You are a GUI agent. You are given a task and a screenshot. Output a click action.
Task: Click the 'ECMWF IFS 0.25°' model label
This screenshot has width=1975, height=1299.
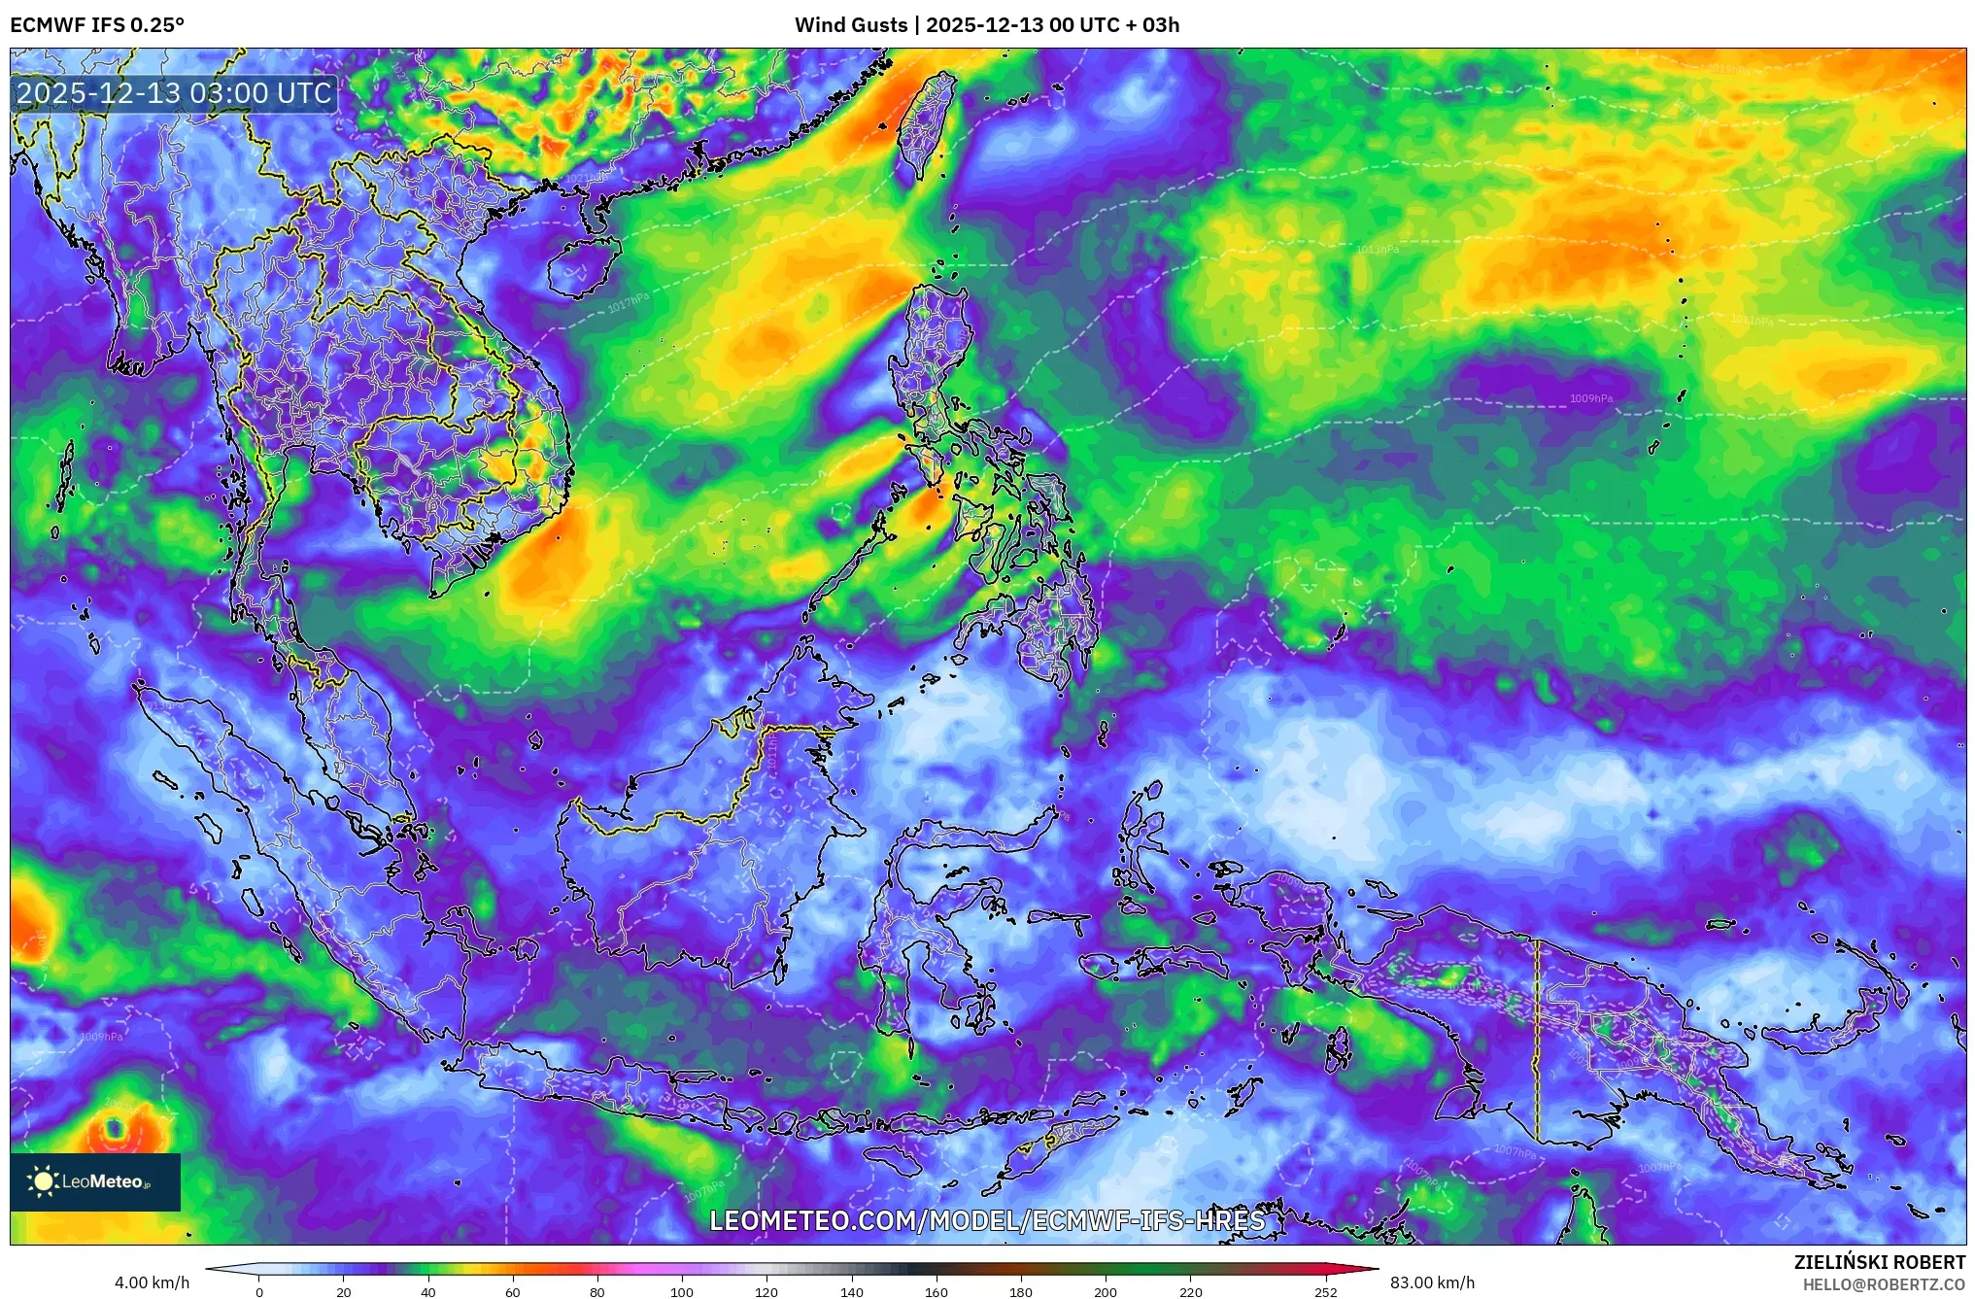point(97,25)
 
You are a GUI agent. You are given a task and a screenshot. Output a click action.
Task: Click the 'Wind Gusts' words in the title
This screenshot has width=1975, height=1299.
point(851,25)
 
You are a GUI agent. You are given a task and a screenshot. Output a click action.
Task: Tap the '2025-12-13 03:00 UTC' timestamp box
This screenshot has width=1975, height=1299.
point(175,94)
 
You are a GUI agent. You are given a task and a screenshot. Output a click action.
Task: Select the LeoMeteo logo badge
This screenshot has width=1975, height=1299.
point(95,1181)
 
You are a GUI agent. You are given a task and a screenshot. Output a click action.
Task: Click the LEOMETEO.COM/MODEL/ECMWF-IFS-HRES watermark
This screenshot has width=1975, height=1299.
point(987,1221)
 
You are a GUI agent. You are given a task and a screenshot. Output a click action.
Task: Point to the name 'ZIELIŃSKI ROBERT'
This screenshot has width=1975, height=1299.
point(1879,1262)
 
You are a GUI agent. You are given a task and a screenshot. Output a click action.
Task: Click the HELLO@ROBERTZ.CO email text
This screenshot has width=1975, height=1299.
point(1884,1284)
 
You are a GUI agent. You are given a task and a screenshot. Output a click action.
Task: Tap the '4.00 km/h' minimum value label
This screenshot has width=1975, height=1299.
point(152,1282)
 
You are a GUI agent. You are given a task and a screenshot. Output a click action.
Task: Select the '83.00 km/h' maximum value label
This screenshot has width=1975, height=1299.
point(1432,1282)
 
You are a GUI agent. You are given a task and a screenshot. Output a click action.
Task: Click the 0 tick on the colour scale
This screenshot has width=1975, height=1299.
point(259,1291)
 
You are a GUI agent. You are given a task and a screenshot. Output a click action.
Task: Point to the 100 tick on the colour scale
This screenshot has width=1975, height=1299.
point(682,1291)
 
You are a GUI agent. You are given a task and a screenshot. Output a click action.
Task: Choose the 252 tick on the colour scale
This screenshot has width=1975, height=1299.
point(1326,1291)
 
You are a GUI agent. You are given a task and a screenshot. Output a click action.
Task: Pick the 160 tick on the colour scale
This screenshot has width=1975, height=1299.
point(936,1291)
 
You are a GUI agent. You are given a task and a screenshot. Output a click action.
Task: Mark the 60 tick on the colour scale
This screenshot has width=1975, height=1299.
point(513,1291)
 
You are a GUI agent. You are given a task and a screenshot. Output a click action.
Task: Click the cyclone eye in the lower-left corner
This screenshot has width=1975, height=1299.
point(115,1129)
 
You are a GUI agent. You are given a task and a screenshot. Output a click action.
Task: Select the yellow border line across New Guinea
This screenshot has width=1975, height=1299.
point(1537,1040)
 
